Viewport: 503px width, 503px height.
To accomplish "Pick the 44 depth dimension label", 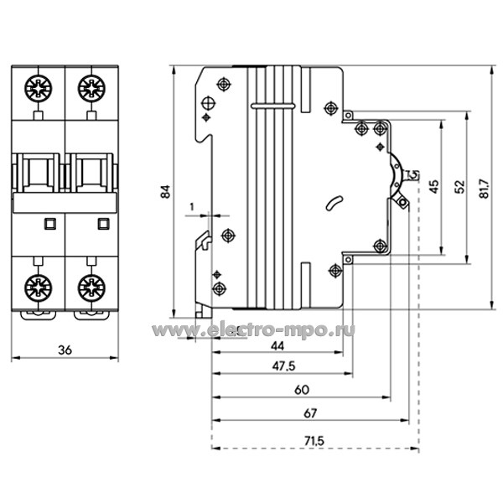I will (277, 345).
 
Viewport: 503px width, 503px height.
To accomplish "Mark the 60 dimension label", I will (302, 389).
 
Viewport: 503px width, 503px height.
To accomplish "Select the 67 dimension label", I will (311, 413).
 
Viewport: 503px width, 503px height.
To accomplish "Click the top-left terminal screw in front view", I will (37, 86).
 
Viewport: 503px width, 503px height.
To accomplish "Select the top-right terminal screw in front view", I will (90, 86).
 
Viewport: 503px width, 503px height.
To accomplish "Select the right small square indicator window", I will (103, 222).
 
